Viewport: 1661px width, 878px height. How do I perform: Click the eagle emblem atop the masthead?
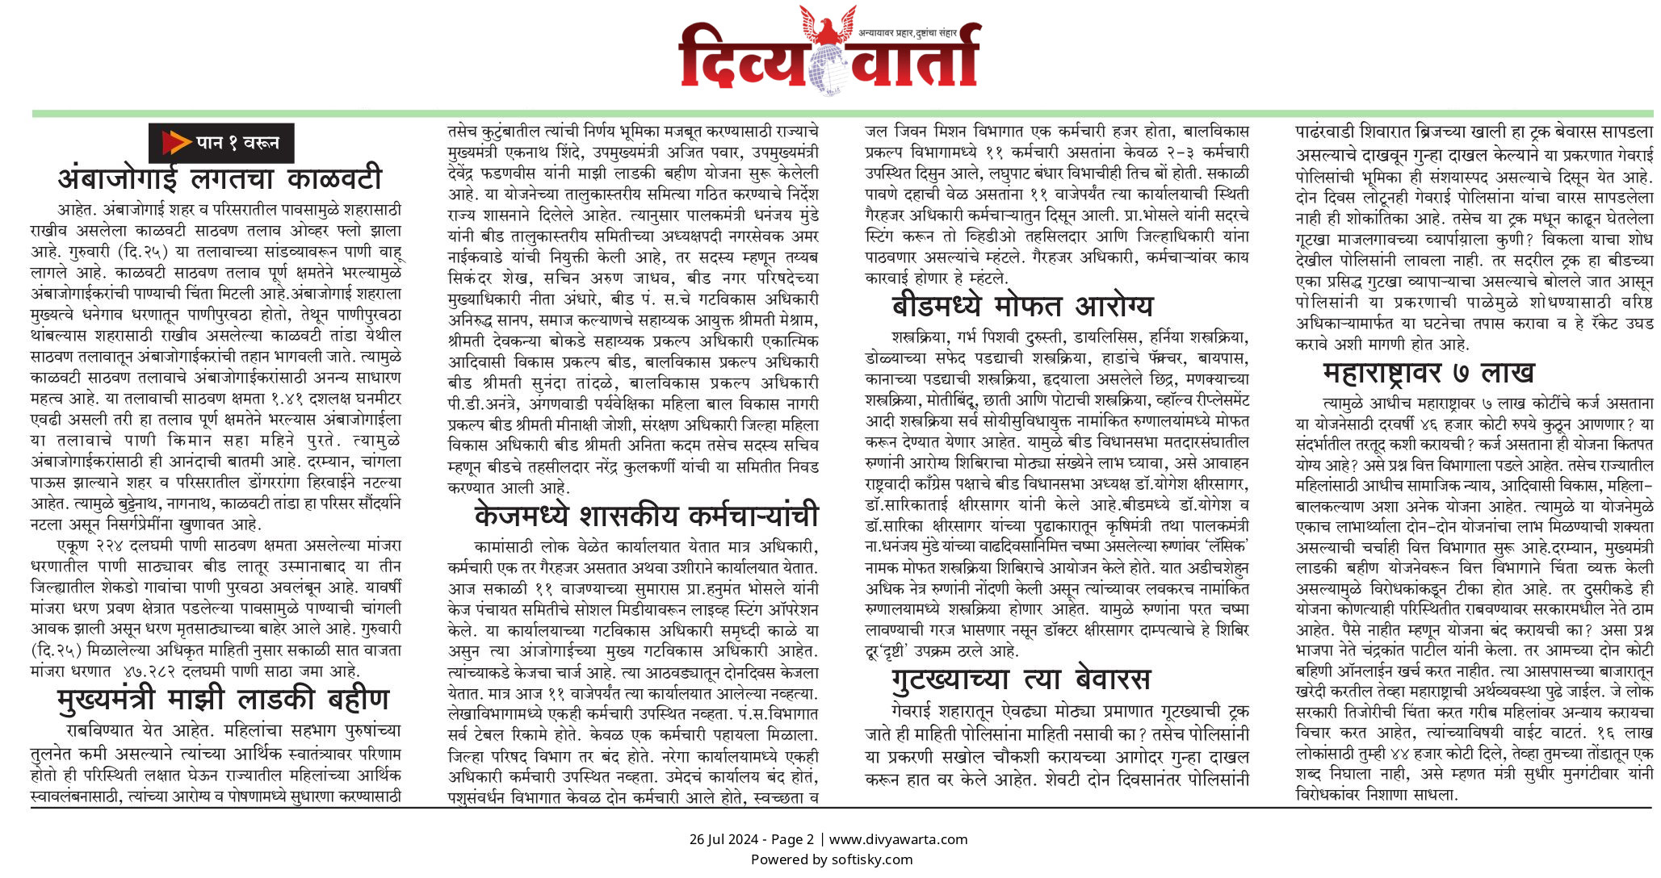(827, 25)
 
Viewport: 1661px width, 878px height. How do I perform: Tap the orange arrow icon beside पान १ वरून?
(175, 143)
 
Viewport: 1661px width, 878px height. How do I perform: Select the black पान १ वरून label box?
(221, 143)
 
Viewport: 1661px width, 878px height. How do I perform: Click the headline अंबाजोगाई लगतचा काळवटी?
(219, 178)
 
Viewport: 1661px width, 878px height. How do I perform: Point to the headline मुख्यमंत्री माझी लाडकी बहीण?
(224, 699)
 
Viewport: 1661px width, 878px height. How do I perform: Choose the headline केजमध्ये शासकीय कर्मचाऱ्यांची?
(646, 515)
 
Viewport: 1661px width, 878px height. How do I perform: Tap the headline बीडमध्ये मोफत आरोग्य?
(1022, 307)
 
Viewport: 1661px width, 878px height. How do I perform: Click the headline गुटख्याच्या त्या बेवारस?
(1021, 679)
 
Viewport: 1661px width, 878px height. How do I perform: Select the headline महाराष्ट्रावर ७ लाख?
(1428, 373)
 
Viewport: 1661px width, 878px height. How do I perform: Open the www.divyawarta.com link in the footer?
(898, 839)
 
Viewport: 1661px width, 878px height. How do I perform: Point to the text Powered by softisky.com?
(831, 859)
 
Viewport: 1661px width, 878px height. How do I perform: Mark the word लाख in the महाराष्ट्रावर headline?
(1506, 373)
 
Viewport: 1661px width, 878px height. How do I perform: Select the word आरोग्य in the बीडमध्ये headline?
(1114, 307)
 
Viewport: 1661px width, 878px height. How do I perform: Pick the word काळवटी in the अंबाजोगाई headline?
(334, 178)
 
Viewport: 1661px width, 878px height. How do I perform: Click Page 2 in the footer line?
(792, 839)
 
